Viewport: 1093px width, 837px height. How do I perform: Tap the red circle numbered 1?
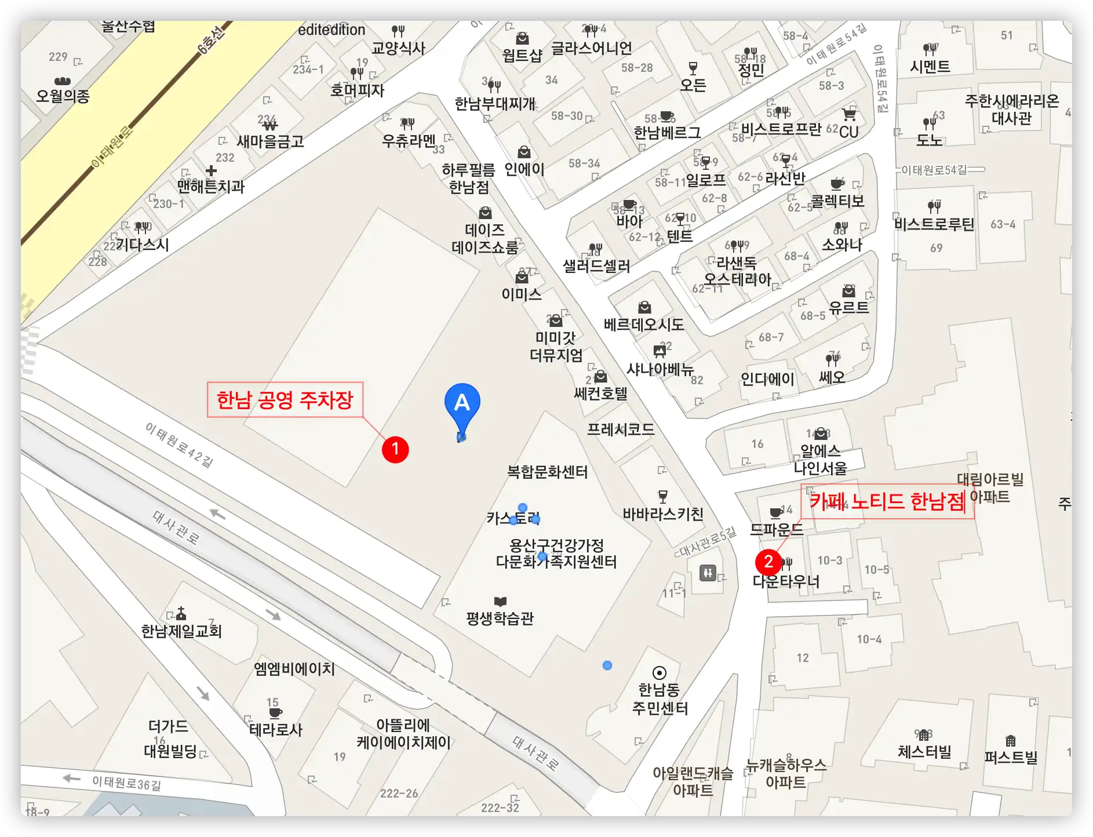395,449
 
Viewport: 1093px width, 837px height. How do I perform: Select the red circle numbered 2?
768,561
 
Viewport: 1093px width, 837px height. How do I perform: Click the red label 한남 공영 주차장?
285,399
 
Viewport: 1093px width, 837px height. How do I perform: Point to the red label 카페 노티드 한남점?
887,501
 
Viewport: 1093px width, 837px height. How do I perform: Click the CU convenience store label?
848,132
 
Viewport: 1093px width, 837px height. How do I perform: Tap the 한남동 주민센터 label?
660,698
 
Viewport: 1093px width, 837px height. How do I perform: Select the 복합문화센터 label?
547,472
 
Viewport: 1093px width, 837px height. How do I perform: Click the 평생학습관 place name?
500,618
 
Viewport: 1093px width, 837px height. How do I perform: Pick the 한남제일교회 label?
181,631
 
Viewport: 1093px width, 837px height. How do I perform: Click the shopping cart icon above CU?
849,114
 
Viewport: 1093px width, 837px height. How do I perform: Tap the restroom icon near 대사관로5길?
708,573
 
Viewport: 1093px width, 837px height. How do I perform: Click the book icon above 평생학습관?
500,602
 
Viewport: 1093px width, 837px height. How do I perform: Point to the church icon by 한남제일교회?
181,613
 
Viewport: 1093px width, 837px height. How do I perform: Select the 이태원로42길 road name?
179,445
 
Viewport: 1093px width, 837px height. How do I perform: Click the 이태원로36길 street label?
126,783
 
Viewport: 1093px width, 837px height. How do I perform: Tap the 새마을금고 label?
270,141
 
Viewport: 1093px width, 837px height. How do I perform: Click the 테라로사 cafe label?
276,729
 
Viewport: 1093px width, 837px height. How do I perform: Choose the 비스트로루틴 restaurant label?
934,224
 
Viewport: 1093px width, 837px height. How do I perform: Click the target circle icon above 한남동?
659,673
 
